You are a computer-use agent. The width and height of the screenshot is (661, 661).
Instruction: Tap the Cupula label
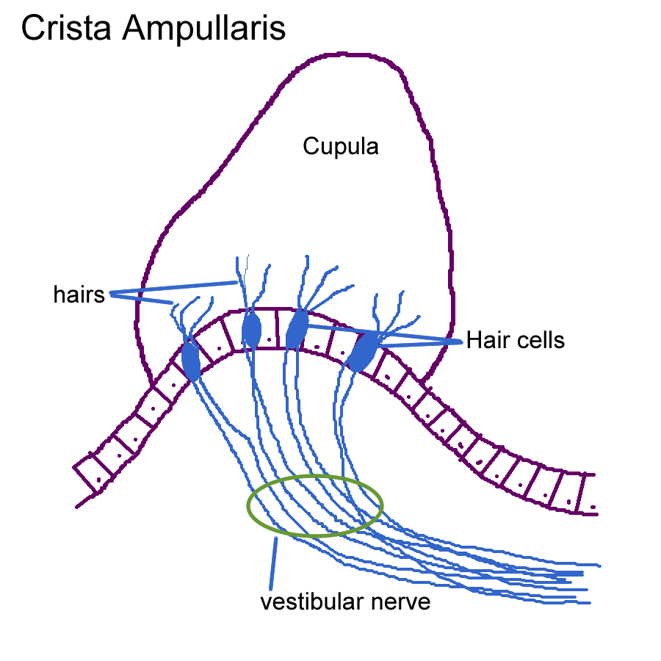tap(341, 147)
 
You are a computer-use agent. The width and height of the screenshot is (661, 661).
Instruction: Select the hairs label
tap(79, 295)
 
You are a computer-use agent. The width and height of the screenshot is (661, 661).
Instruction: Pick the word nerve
tap(401, 603)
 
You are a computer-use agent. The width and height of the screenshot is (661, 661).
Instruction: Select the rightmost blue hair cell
tap(362, 353)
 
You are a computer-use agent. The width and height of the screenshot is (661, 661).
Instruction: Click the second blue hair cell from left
tap(251, 330)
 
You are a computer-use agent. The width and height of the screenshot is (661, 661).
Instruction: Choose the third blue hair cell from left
tap(297, 330)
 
